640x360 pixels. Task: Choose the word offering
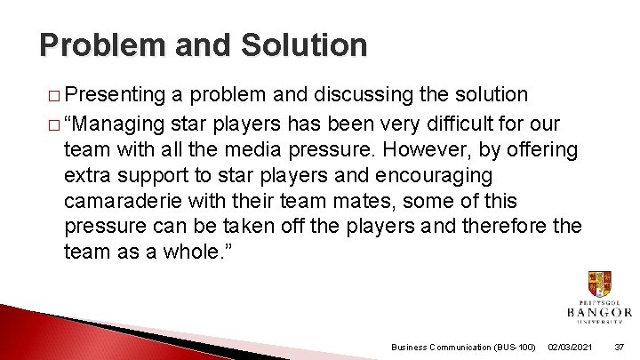pos(542,148)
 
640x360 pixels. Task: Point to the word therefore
pos(500,227)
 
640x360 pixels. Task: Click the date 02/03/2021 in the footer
pos(570,347)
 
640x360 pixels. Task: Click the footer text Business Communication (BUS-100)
pos(462,347)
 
